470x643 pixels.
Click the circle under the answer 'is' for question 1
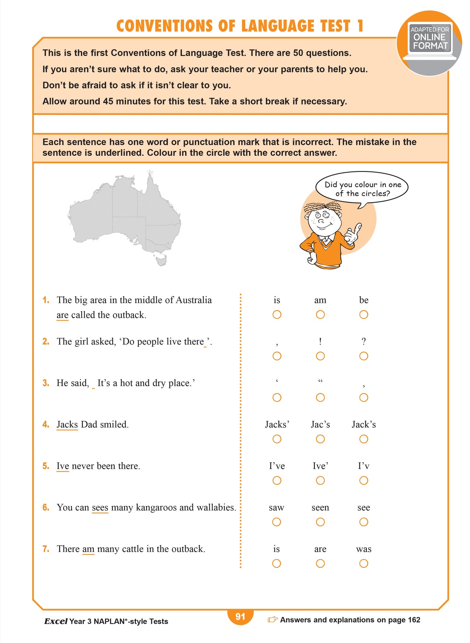(x=277, y=315)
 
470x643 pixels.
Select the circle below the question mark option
(x=364, y=356)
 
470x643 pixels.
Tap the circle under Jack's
(x=364, y=439)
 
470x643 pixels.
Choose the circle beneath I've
(x=277, y=480)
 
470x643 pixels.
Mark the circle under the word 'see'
(x=364, y=522)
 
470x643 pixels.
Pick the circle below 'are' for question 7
(x=320, y=563)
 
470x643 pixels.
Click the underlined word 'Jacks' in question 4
(x=67, y=425)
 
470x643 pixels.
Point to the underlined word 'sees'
(x=100, y=507)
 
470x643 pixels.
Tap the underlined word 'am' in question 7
(x=88, y=549)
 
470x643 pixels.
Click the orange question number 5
(x=46, y=466)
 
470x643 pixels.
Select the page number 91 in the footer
(x=240, y=617)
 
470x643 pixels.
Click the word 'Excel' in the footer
(x=56, y=621)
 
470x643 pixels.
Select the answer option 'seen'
(x=320, y=507)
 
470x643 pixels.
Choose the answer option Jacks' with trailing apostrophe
(x=277, y=425)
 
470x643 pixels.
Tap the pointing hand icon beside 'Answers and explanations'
(x=273, y=620)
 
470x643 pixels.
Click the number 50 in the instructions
(x=298, y=53)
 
